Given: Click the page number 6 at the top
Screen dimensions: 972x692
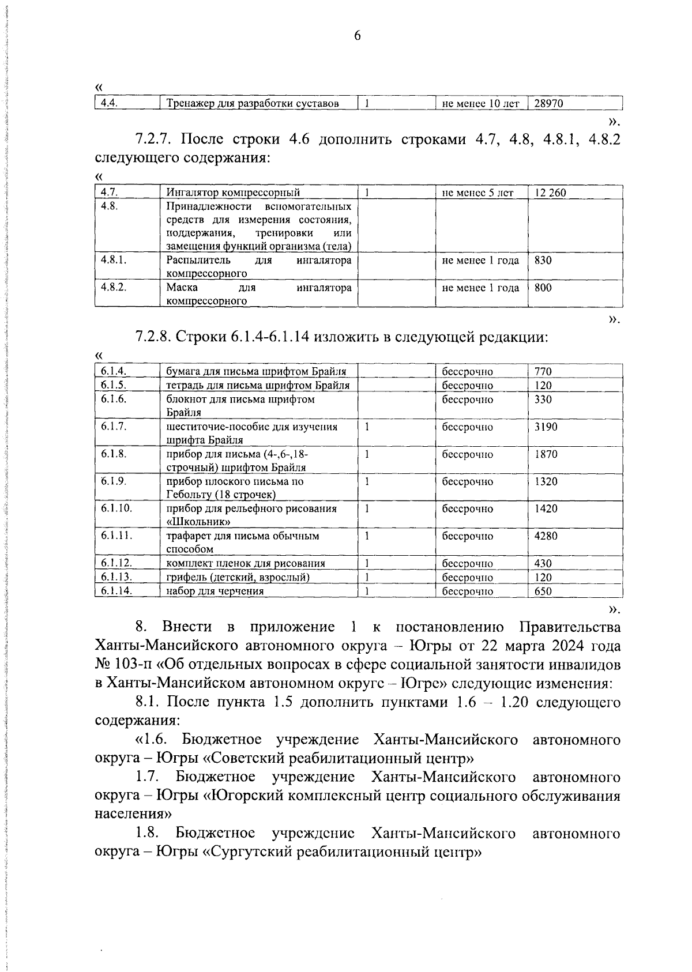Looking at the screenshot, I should click(x=356, y=36).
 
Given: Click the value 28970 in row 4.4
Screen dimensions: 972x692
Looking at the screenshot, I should click(x=548, y=104).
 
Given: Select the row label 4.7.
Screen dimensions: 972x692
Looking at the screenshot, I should click(x=109, y=193).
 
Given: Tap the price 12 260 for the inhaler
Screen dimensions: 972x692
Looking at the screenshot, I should click(x=550, y=193).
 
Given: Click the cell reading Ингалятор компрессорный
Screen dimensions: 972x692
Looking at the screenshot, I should click(x=233, y=193).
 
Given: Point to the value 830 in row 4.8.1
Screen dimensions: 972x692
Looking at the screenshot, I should click(x=543, y=260).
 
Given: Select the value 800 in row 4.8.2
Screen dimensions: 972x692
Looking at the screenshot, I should click(x=543, y=287).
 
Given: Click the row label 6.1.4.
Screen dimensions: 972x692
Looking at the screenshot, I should click(x=114, y=371).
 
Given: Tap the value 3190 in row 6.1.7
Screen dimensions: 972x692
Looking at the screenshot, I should click(x=546, y=427).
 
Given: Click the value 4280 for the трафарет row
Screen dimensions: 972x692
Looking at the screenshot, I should click(x=546, y=536).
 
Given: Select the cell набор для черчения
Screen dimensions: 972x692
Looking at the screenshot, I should click(x=215, y=591).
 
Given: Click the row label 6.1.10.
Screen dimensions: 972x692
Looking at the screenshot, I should click(x=116, y=508).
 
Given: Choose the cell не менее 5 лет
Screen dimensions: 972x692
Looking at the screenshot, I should click(x=477, y=193).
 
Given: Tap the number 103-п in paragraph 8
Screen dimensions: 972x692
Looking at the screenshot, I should click(x=133, y=664).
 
